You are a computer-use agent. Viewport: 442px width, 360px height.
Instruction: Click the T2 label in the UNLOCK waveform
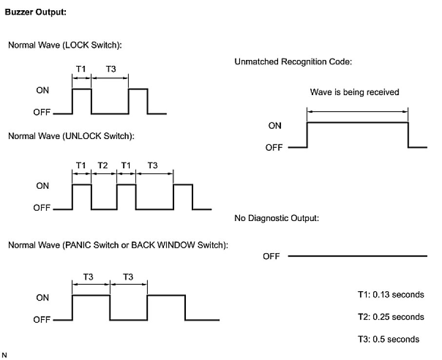point(103,165)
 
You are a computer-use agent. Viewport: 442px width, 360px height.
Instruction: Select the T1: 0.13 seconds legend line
point(391,295)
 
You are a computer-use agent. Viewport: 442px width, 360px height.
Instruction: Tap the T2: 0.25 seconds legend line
point(391,317)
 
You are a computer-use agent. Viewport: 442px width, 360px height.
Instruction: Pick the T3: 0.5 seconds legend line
point(388,339)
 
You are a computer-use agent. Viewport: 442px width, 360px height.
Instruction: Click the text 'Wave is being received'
point(355,92)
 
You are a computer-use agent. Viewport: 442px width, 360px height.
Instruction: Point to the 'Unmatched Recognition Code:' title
point(293,62)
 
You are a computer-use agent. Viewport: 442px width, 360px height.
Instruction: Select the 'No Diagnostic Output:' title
point(277,218)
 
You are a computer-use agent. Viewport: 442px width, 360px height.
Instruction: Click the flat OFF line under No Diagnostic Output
point(357,256)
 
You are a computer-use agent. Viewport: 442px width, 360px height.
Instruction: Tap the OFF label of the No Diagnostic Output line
point(271,256)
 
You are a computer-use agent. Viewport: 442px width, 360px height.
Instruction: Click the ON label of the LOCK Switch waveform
point(42,90)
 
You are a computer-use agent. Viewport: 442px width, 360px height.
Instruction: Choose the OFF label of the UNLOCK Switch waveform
point(41,208)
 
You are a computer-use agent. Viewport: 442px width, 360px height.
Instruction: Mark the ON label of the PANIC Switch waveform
point(42,298)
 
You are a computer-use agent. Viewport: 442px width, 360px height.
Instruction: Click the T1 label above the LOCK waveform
point(81,69)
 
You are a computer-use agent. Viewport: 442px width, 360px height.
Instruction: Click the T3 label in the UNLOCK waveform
point(152,165)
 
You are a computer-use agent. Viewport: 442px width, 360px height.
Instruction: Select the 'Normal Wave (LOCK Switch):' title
point(65,45)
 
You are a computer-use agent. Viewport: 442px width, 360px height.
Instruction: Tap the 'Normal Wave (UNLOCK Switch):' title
point(71,136)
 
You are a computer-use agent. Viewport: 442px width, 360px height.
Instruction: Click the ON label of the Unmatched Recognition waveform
point(275,125)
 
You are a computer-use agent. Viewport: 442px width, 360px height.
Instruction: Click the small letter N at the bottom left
point(5,354)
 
